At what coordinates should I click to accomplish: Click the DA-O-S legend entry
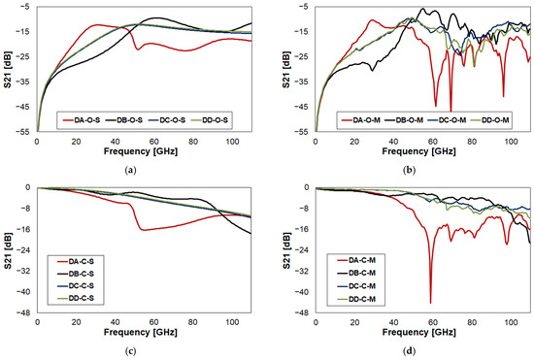(82, 120)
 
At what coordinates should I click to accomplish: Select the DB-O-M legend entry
(404, 120)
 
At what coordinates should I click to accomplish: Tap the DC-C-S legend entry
(76, 286)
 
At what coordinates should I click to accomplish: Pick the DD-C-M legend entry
(356, 299)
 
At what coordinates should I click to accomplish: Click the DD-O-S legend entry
(210, 120)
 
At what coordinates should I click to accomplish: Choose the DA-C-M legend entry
(356, 260)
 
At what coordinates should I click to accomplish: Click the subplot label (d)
(409, 351)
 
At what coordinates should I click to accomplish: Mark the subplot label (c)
(131, 351)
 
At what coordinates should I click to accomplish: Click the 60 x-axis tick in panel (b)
(432, 142)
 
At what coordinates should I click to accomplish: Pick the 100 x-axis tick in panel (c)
(232, 322)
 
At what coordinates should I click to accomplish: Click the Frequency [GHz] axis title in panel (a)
(141, 151)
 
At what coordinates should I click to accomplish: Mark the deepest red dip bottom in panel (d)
(430, 303)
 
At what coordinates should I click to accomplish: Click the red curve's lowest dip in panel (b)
(451, 111)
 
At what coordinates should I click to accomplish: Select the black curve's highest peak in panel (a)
(156, 17)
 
